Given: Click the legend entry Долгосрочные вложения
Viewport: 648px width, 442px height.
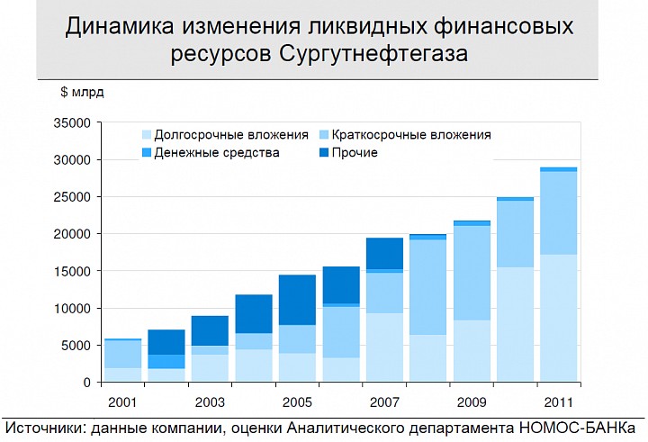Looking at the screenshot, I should (x=230, y=135).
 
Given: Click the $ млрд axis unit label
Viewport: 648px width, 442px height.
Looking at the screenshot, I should (x=83, y=91).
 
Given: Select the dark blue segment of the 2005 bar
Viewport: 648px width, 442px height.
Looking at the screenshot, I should (x=296, y=300).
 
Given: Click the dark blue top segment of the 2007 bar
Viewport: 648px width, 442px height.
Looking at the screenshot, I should (x=384, y=253).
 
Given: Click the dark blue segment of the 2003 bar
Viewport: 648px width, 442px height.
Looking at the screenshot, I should (x=209, y=330).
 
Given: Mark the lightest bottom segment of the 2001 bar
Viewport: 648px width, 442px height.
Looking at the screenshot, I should (x=121, y=374).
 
